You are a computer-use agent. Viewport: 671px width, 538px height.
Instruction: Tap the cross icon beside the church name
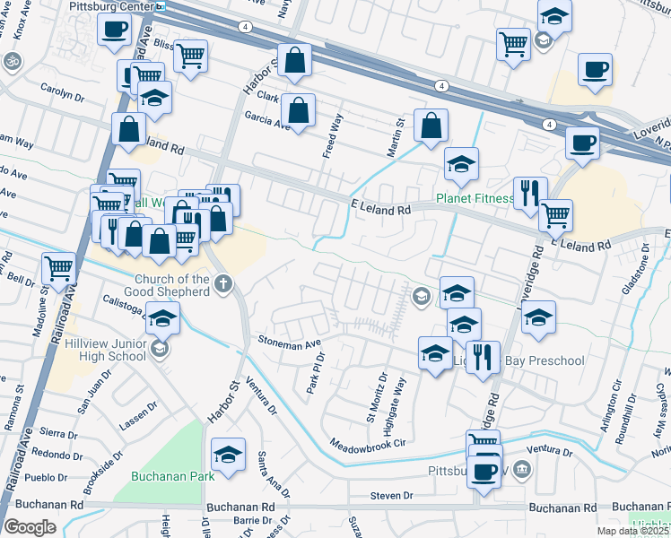222,284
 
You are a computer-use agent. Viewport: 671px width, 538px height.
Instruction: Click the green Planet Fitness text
473,198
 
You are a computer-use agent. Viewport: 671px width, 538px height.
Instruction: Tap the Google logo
30,527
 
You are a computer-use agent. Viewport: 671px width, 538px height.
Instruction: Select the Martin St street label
396,137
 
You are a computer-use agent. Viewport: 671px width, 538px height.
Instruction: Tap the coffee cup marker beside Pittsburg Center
113,30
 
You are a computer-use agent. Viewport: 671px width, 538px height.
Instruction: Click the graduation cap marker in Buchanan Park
229,455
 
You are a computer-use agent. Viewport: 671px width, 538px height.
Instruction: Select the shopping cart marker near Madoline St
58,266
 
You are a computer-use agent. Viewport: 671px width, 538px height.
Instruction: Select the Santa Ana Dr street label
273,474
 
